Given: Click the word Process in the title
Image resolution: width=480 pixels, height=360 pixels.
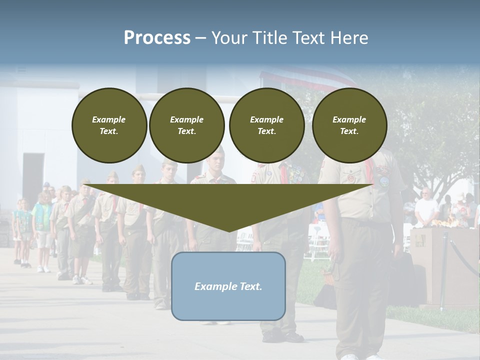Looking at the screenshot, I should click(x=157, y=38).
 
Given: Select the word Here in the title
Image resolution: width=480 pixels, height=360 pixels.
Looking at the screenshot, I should click(x=349, y=38).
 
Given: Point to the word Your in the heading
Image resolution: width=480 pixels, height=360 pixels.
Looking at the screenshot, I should click(x=228, y=38).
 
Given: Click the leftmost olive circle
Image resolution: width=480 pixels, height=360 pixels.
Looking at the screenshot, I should click(x=109, y=125).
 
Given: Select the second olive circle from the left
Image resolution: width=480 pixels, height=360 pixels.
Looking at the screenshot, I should click(x=186, y=125).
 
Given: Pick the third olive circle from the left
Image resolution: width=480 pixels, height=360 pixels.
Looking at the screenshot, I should click(x=266, y=125).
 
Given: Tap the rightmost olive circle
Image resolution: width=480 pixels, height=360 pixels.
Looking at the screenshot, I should click(x=349, y=125).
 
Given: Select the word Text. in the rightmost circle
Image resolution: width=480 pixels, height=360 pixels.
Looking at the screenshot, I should click(x=349, y=131).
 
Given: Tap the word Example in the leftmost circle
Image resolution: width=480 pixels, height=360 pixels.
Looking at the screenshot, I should click(x=109, y=119).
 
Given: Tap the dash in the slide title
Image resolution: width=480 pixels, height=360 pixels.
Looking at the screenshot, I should click(x=201, y=38).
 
